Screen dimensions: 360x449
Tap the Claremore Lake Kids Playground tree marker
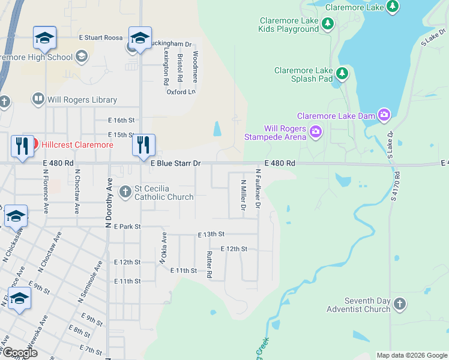[x=327, y=24]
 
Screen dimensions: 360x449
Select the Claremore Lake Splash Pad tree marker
[x=342, y=74]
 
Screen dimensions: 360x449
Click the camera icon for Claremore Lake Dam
[x=384, y=115]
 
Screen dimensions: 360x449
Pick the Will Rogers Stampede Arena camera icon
[x=315, y=131]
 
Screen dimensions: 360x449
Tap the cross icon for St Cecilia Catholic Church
[x=125, y=192]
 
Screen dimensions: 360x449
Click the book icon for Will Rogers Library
[x=38, y=99]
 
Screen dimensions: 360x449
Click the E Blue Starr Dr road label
[x=175, y=163]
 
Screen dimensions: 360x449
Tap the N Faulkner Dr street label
[x=258, y=188]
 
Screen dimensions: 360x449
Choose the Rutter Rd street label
[x=209, y=265]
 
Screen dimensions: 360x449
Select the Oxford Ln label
[x=181, y=92]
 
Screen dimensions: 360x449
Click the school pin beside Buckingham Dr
[x=139, y=39]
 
